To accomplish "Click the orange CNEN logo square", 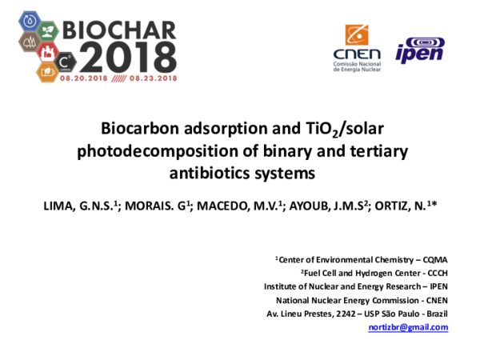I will (357, 35).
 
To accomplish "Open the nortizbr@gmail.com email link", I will (408, 327).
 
